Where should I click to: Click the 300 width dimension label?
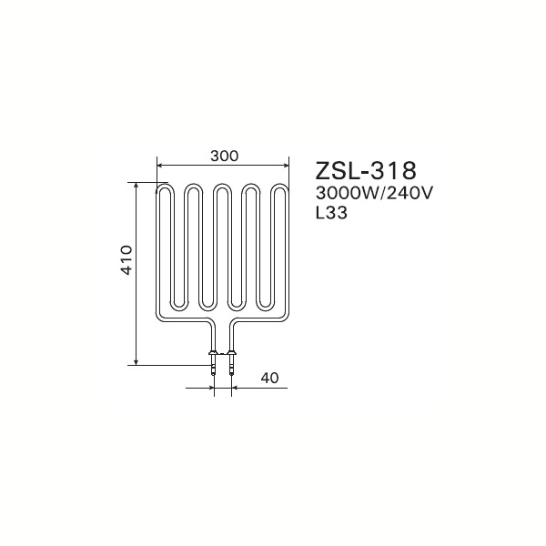coord(224,156)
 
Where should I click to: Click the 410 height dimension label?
coord(126,259)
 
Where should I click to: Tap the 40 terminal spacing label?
coord(269,378)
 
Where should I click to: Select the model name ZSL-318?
coord(366,170)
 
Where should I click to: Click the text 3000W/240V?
coord(374,193)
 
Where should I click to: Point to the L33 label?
coord(331,212)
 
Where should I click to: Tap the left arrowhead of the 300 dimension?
coord(159,167)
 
